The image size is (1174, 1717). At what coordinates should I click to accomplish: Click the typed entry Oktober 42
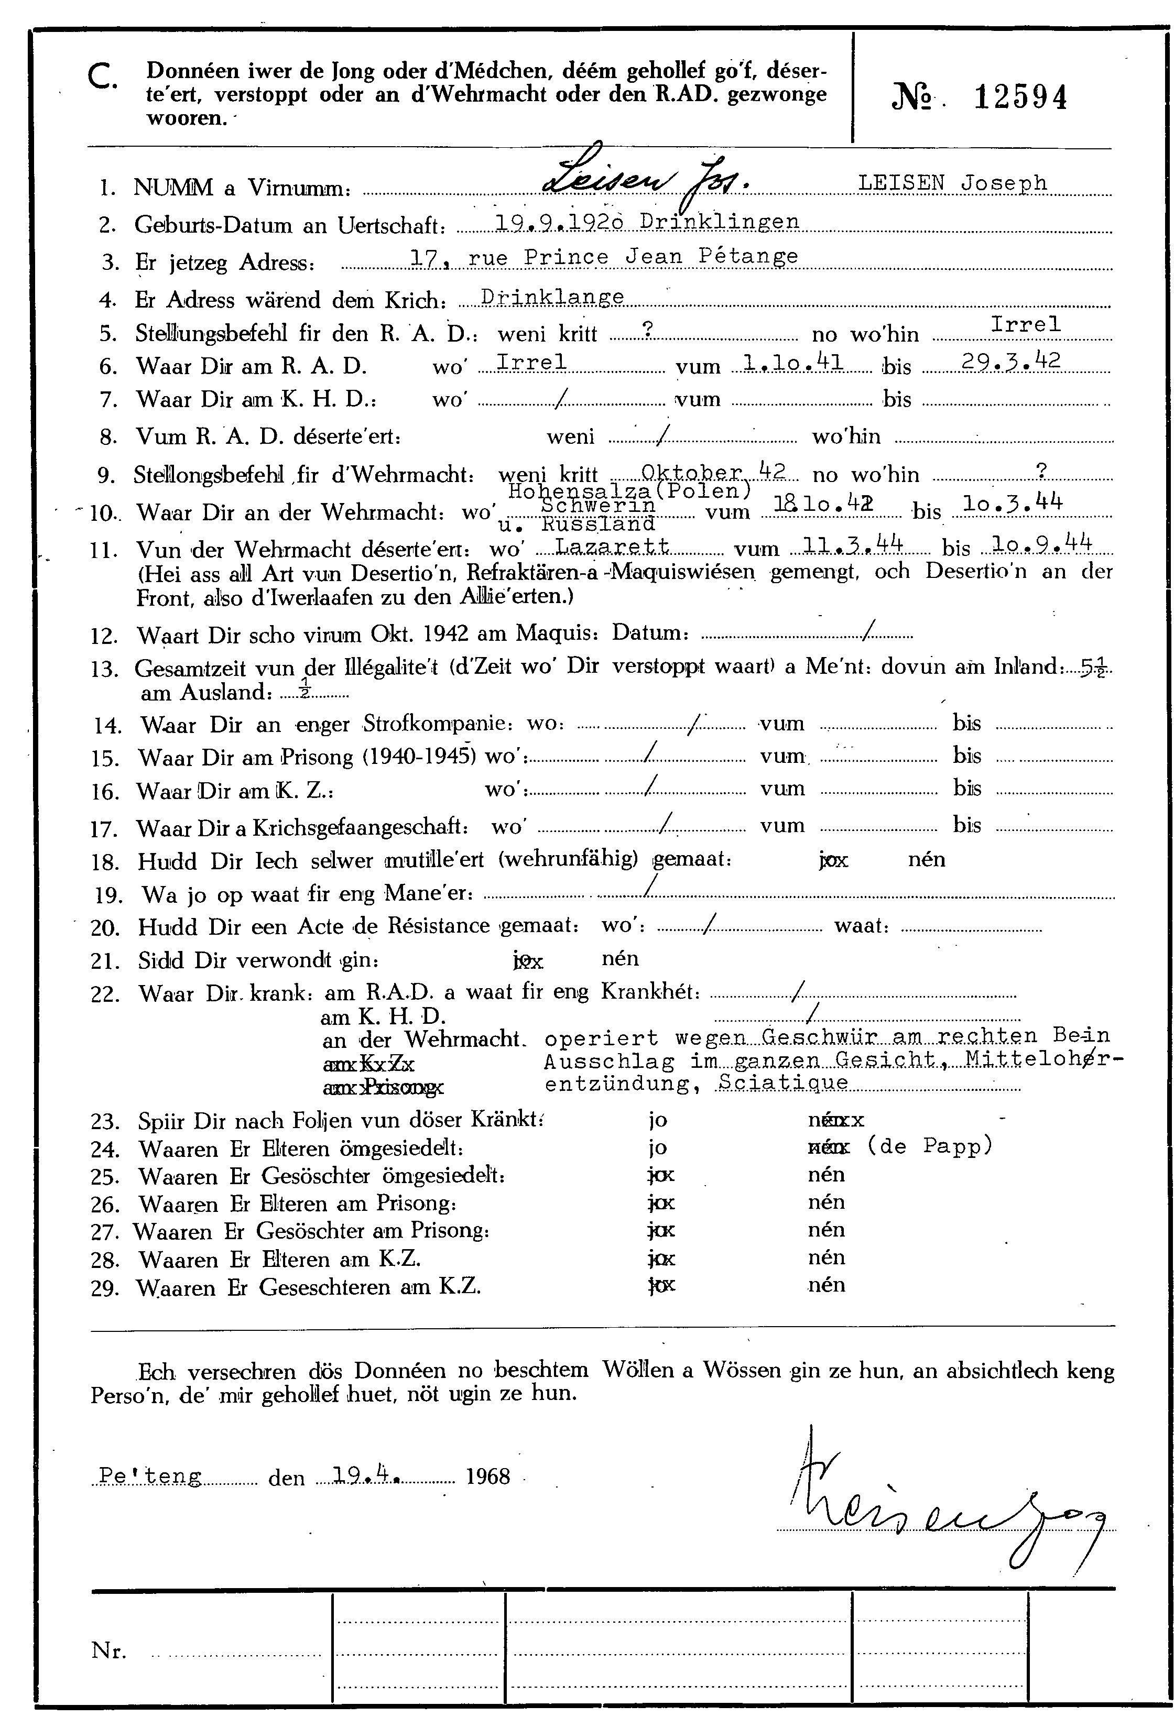point(712,470)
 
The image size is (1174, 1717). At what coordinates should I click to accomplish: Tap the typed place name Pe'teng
point(150,1476)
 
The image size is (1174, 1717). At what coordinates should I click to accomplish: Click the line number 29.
point(104,1288)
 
